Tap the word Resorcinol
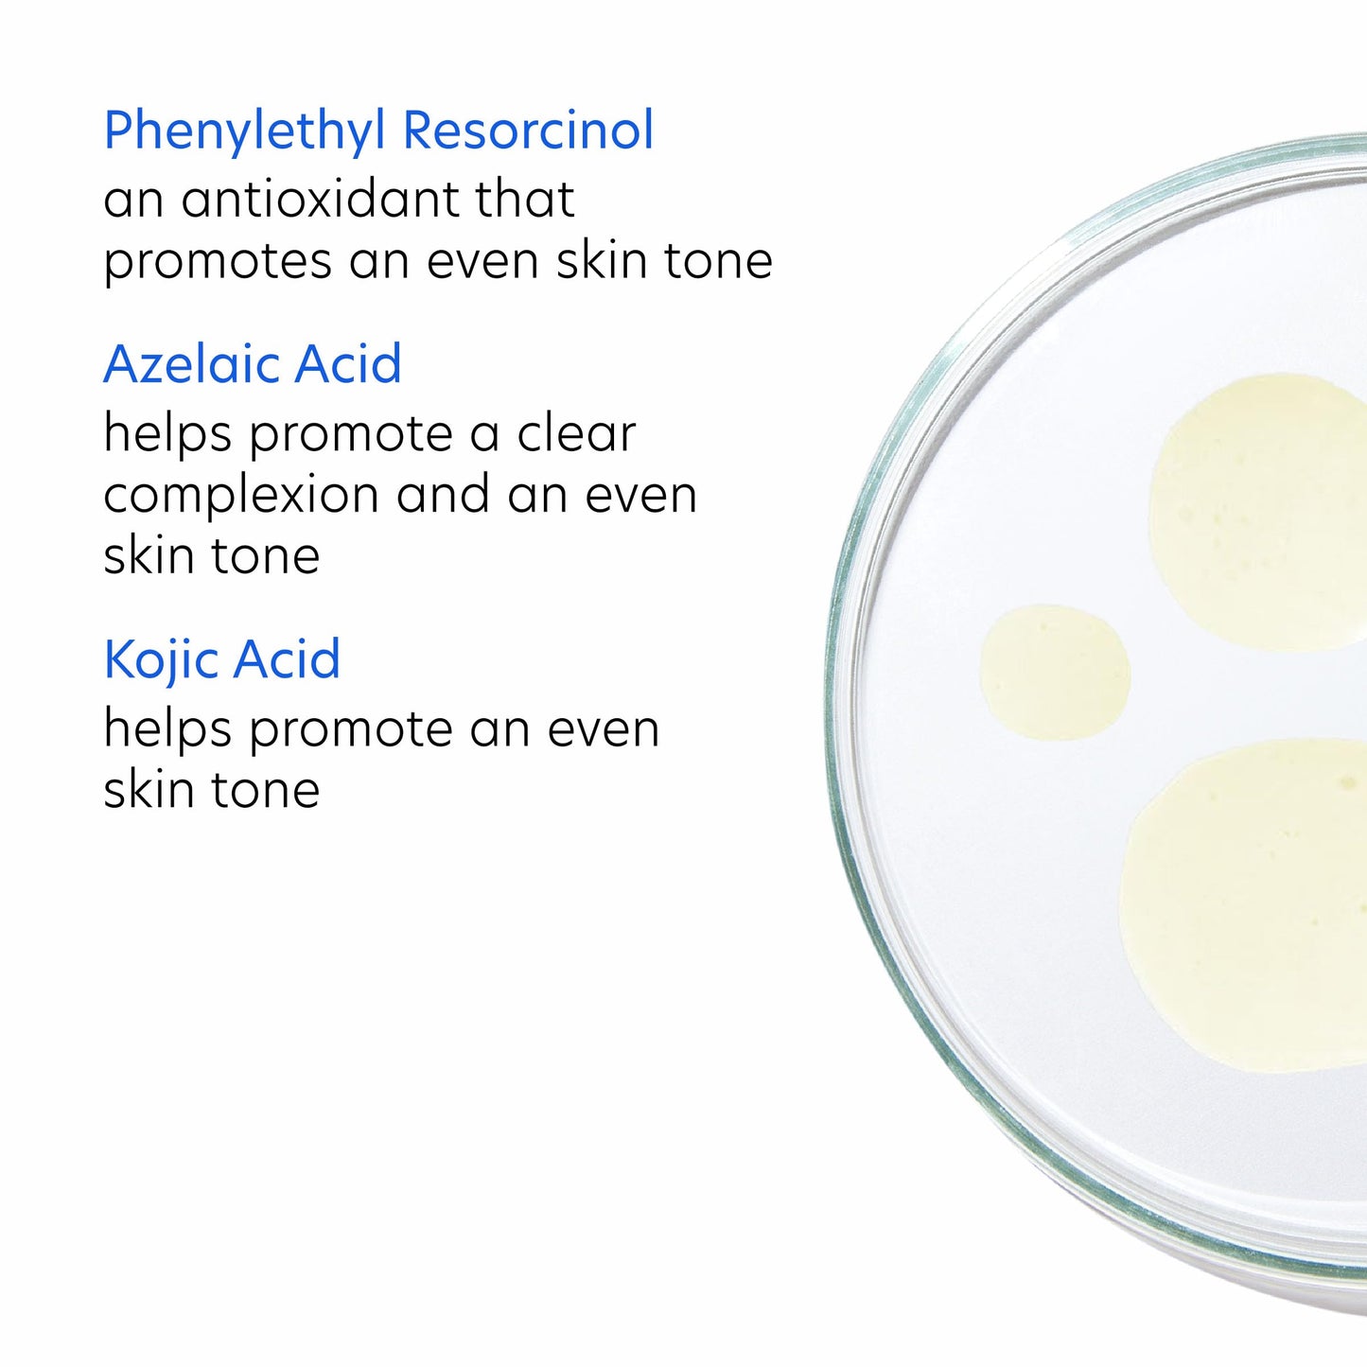(x=529, y=130)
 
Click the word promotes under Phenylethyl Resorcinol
(x=218, y=262)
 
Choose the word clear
(x=576, y=433)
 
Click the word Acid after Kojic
(x=287, y=659)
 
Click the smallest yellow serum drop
(x=1055, y=673)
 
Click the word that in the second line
(x=525, y=200)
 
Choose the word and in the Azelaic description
(x=443, y=495)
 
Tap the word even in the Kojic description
(x=603, y=729)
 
